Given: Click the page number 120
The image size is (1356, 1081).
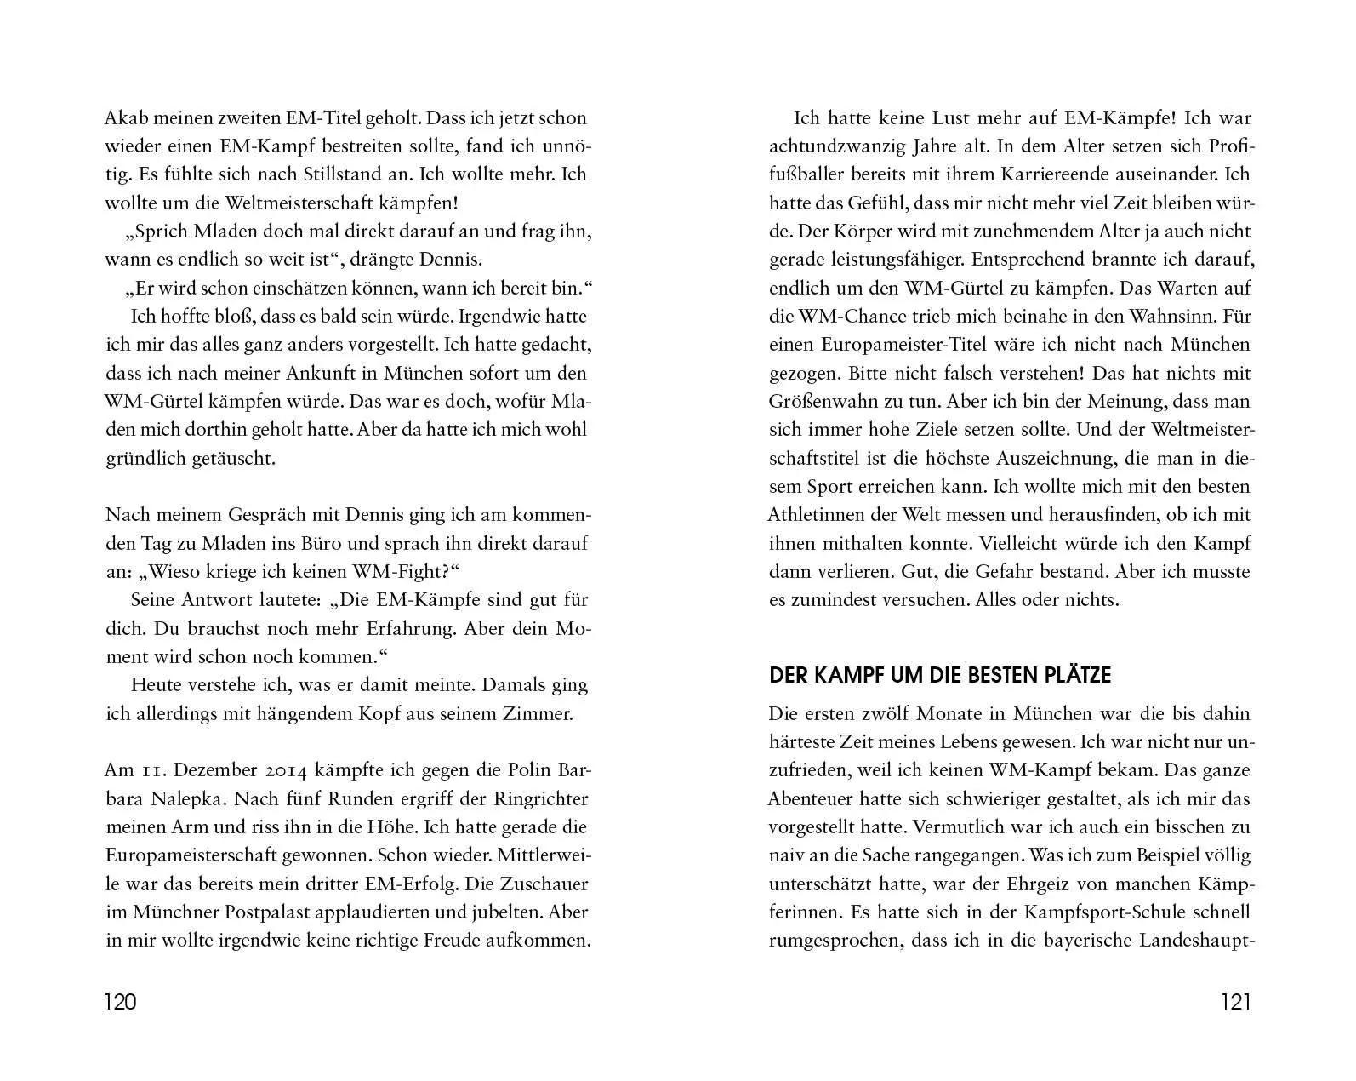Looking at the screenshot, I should pos(120,1002).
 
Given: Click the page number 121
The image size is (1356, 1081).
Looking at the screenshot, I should pos(1235,1002).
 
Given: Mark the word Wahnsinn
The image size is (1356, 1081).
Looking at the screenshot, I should pos(1174,317).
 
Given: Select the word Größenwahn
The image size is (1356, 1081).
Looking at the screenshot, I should pos(824,402).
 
